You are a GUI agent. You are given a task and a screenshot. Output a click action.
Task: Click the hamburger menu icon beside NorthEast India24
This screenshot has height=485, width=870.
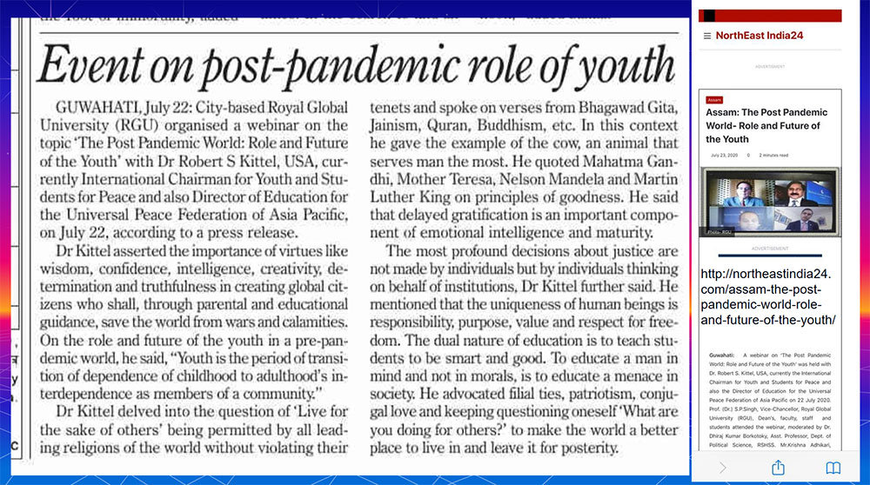706,36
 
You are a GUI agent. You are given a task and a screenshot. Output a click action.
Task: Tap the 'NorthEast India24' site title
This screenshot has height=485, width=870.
760,36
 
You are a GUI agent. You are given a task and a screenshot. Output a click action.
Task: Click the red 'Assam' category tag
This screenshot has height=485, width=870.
714,100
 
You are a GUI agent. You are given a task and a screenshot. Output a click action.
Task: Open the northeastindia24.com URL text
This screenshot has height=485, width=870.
767,296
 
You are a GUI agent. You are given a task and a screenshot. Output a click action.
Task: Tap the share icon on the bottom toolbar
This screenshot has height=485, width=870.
778,468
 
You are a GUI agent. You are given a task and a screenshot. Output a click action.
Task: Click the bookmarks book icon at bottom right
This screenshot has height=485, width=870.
833,468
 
